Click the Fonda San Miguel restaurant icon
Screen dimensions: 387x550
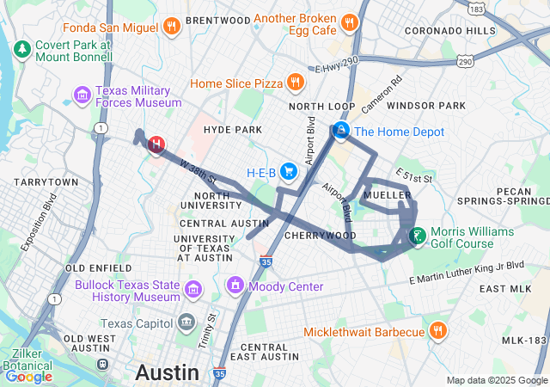click(172, 26)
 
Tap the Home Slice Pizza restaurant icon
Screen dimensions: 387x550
click(296, 83)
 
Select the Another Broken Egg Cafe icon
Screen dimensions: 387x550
click(349, 22)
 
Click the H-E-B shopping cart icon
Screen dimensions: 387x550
click(288, 172)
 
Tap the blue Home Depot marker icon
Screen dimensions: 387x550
click(341, 132)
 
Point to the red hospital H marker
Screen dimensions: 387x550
click(156, 144)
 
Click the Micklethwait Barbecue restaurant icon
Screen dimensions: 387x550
click(437, 331)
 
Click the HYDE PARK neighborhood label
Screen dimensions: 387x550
click(232, 130)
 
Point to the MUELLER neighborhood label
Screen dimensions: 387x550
click(388, 195)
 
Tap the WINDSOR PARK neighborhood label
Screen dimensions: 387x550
click(426, 106)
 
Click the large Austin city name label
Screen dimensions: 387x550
click(167, 373)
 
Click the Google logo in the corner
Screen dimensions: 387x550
click(28, 377)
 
